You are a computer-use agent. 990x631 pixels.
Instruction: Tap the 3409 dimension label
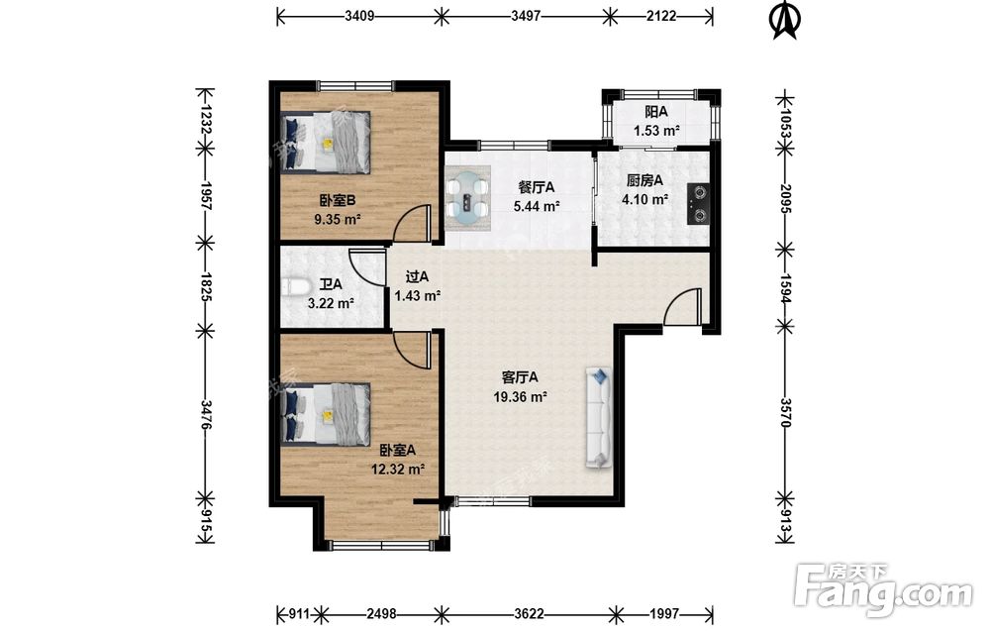(359, 16)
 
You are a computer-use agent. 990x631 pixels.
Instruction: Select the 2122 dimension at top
(661, 16)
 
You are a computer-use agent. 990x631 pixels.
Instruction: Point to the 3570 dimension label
(785, 412)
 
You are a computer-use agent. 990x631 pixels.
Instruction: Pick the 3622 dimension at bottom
(530, 613)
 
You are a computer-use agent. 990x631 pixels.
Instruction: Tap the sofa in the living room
(599, 417)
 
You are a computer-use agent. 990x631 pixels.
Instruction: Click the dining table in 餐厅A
(468, 198)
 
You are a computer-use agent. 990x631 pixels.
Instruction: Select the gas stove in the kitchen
(698, 203)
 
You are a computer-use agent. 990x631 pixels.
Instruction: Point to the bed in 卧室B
(325, 142)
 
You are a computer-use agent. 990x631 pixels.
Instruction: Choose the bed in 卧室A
(325, 414)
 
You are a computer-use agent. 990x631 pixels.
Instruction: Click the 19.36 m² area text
(521, 397)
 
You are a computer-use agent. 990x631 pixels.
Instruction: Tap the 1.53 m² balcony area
(656, 132)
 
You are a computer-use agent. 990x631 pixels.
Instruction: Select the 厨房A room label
(644, 180)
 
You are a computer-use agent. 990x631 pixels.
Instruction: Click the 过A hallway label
(417, 276)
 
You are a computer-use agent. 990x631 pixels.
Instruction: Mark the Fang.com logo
(883, 588)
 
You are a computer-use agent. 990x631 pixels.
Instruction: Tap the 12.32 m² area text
(398, 470)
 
